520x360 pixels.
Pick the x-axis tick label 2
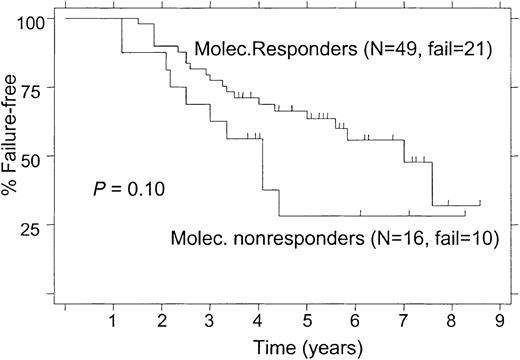coord(161,323)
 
